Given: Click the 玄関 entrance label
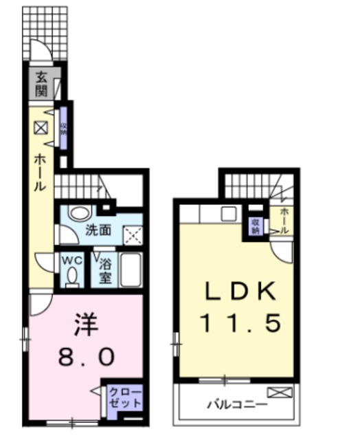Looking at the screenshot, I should pyautogui.click(x=41, y=82).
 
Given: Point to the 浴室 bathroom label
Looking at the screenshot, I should pyautogui.click(x=105, y=271).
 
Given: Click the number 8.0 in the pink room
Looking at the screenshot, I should pyautogui.click(x=85, y=357).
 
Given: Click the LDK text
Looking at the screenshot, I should pyautogui.click(x=240, y=292).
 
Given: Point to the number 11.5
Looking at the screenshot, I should pyautogui.click(x=240, y=323).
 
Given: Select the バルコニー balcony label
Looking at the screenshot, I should pyautogui.click(x=237, y=404).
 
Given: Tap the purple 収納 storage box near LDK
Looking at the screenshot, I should pyautogui.click(x=255, y=225).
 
